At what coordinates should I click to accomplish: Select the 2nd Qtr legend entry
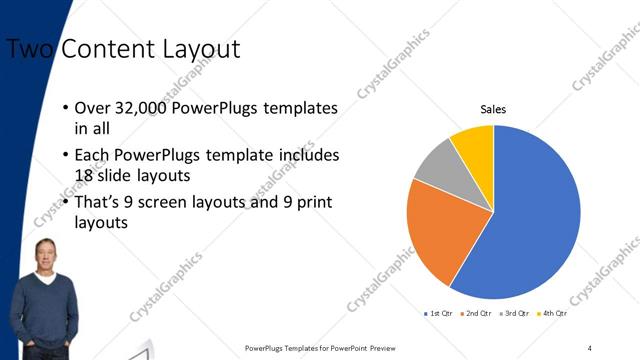[x=476, y=314]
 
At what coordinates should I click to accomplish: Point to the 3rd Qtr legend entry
[x=514, y=314]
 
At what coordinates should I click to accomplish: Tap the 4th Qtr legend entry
[x=551, y=314]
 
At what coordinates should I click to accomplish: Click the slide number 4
[x=589, y=347]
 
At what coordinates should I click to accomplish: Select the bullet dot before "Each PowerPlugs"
[x=65, y=156]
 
